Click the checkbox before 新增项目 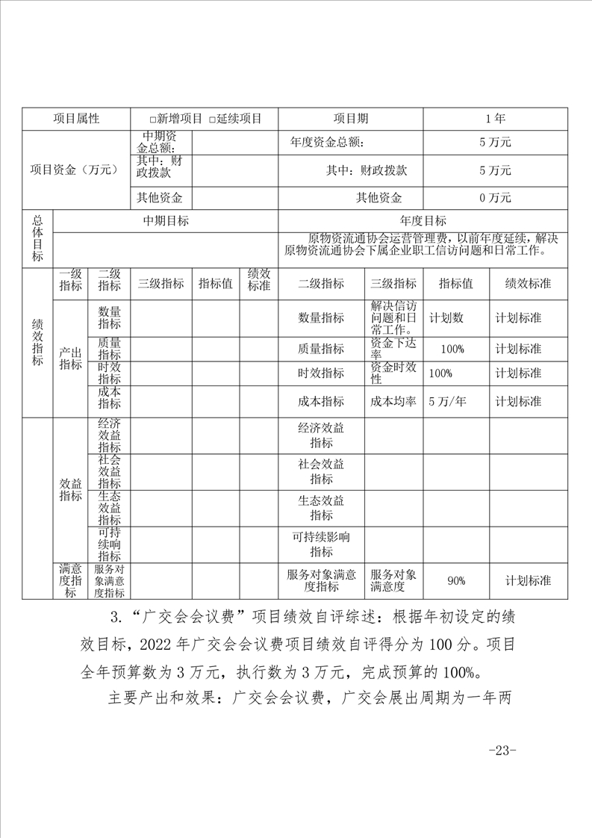(x=152, y=120)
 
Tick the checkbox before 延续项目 (x=212, y=120)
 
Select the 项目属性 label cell (x=76, y=119)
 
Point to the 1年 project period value (x=495, y=119)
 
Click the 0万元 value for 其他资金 (x=495, y=198)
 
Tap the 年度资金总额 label (x=327, y=142)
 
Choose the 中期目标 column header (x=166, y=220)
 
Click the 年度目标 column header (x=423, y=220)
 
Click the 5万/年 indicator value (x=447, y=401)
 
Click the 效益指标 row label (x=71, y=488)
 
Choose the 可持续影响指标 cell (x=321, y=544)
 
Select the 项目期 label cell (x=350, y=119)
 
